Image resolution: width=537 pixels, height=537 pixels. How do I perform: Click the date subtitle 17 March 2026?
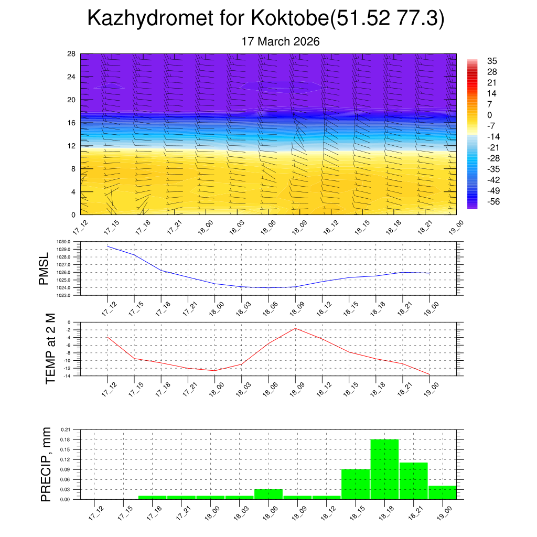(x=280, y=41)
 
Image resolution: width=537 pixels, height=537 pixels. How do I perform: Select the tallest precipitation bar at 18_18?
(x=384, y=469)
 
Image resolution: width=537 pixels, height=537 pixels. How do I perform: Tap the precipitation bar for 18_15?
(x=356, y=484)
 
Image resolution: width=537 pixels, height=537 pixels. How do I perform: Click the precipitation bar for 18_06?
(x=268, y=494)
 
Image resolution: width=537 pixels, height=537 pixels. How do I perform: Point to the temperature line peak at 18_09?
(x=295, y=328)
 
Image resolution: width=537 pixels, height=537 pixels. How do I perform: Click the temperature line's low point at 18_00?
(x=214, y=371)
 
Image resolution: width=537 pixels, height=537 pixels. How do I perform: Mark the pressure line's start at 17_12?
(x=108, y=246)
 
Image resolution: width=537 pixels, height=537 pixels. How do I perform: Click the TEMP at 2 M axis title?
(x=50, y=349)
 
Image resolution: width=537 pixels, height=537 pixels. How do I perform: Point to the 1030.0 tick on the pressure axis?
(x=65, y=242)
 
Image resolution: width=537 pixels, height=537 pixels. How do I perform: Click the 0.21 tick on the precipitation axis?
(x=66, y=429)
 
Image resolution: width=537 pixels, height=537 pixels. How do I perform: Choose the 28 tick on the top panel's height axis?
(x=72, y=54)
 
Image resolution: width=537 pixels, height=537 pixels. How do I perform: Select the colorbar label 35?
(x=492, y=61)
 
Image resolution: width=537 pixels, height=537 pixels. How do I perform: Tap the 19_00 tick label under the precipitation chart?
(x=443, y=512)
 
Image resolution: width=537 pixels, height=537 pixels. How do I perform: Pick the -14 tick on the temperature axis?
(x=68, y=375)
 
